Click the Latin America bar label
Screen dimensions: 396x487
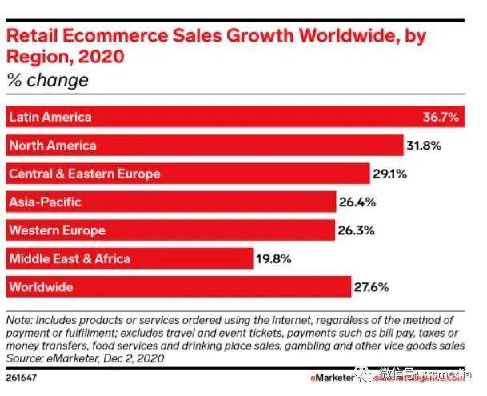point(50,117)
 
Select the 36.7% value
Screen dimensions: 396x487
point(441,118)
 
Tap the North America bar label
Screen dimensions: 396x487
point(52,145)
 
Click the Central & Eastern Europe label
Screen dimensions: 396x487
point(84,173)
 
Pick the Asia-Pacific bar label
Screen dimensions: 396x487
point(45,202)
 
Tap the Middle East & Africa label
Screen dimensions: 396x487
point(69,258)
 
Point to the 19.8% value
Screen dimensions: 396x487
point(272,258)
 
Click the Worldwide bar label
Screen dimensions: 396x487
point(41,286)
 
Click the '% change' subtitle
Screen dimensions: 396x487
point(47,80)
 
